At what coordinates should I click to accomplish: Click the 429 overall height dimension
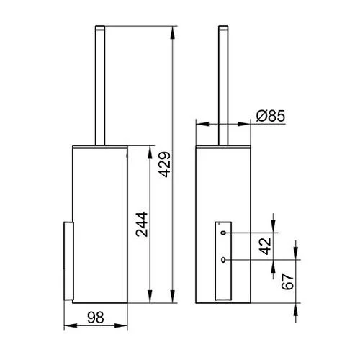166,164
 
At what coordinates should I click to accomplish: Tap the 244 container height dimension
142,224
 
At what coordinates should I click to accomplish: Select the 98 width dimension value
96,318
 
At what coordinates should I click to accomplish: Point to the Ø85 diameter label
271,116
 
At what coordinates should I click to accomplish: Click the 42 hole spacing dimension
266,246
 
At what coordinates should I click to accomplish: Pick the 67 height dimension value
288,282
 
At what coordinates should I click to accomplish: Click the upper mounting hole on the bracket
223,233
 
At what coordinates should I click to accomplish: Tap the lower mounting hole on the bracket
223,260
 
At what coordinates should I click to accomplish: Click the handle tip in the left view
100,27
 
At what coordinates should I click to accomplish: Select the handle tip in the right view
223,27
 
